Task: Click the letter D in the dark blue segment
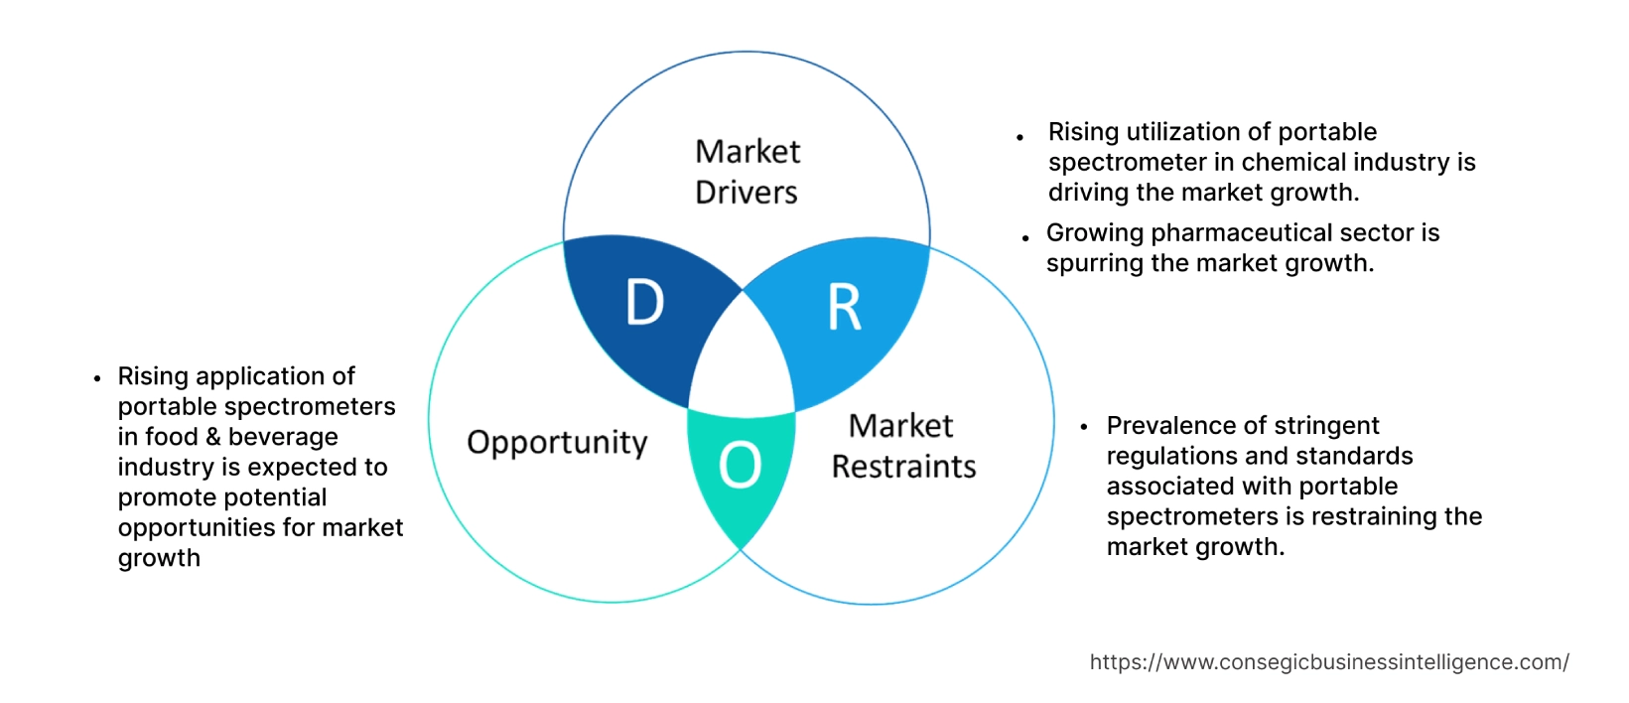(x=645, y=303)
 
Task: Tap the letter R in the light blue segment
(x=845, y=308)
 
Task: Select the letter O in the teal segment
(x=741, y=465)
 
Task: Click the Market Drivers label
(x=747, y=172)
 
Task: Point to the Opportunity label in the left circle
(x=557, y=443)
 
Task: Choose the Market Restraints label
(x=902, y=446)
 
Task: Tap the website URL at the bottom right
(x=1329, y=662)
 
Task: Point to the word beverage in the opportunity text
(x=283, y=437)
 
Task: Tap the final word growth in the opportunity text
(x=159, y=558)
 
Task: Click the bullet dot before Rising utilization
(x=1019, y=137)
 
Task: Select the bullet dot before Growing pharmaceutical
(x=1024, y=238)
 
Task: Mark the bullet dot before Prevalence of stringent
(x=1084, y=427)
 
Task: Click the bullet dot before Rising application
(x=96, y=378)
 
